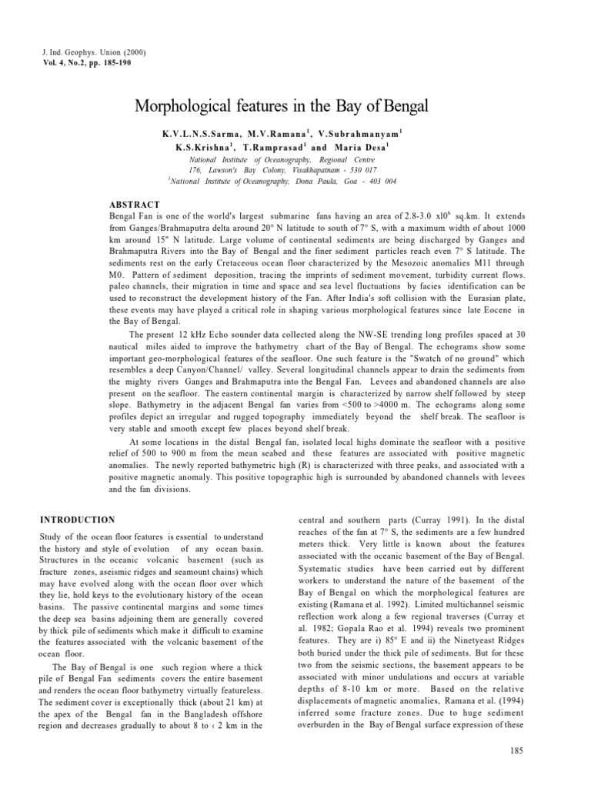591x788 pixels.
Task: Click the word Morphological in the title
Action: point(181,105)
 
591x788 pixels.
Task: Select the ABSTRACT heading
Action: point(135,205)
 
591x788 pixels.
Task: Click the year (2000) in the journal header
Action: point(132,52)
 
